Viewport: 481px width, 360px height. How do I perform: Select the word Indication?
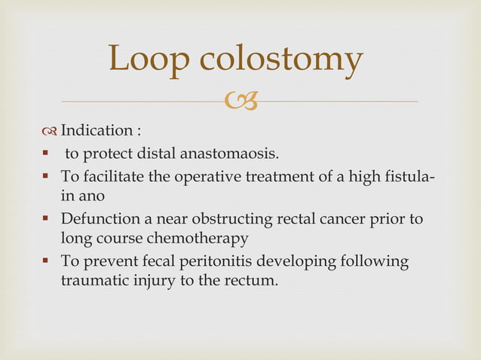tap(94, 132)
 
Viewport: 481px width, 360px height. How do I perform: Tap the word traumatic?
tap(93, 282)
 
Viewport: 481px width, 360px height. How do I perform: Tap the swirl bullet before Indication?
tap(51, 133)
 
